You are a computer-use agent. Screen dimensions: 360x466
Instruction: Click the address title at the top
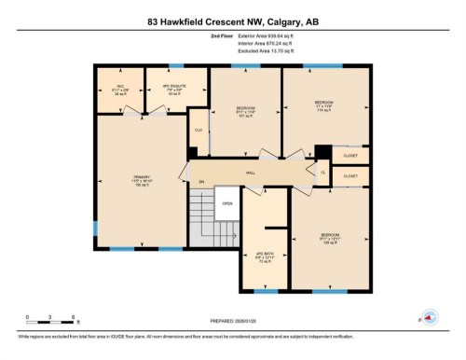point(232,21)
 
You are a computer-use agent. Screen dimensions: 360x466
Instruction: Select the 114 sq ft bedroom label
point(323,104)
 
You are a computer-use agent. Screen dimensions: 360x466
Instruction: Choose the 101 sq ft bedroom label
point(245,112)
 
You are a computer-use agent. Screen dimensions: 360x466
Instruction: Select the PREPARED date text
point(232,323)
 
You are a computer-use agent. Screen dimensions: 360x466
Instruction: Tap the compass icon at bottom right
point(430,317)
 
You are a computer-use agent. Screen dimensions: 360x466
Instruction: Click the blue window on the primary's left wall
point(95,228)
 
